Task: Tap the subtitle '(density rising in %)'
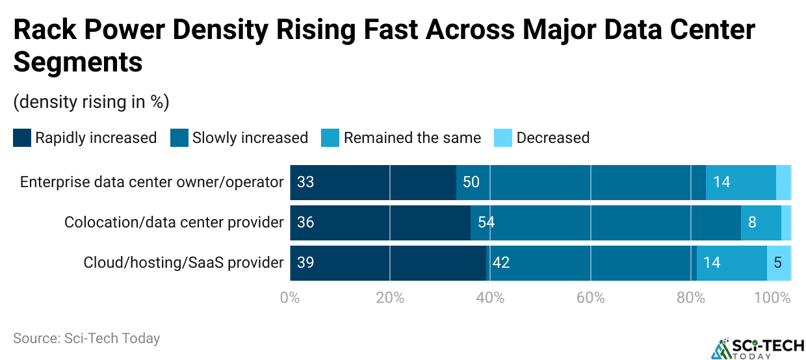click(91, 102)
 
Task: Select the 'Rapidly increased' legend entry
click(85, 138)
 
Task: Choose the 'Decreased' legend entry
click(542, 138)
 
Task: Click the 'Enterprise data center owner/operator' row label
click(151, 182)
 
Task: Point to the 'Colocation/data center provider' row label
click(174, 222)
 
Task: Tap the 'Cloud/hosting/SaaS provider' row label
click(183, 263)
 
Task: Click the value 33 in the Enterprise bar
click(305, 182)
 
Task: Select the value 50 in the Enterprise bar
click(471, 182)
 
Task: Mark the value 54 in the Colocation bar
click(486, 222)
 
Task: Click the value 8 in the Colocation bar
click(752, 222)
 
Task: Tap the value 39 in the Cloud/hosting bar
click(305, 263)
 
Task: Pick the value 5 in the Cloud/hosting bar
click(778, 263)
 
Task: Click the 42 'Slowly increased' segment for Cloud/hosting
click(591, 263)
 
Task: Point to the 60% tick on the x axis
click(590, 298)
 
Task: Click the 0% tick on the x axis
click(290, 298)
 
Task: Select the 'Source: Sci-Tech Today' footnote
click(86, 339)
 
